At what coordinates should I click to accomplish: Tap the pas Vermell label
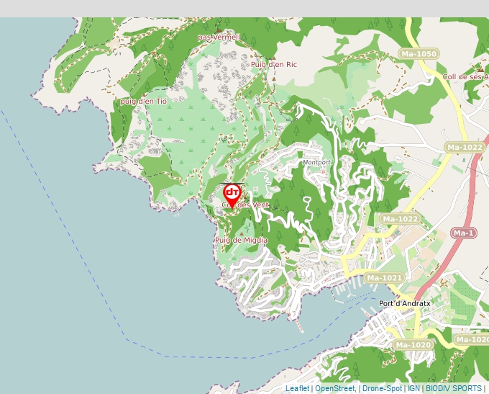pyautogui.click(x=219, y=37)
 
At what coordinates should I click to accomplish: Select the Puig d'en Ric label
pyautogui.click(x=274, y=65)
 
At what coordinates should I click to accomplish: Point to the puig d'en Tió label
pyautogui.click(x=144, y=102)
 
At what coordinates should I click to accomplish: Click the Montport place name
pyautogui.click(x=317, y=163)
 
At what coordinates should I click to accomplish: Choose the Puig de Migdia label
pyautogui.click(x=241, y=240)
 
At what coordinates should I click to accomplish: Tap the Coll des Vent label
pyautogui.click(x=246, y=205)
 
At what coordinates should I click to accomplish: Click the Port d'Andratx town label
pyautogui.click(x=404, y=303)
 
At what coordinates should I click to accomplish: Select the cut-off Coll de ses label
pyautogui.click(x=466, y=77)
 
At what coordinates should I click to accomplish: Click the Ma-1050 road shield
pyautogui.click(x=419, y=54)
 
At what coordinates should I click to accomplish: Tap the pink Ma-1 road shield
pyautogui.click(x=464, y=233)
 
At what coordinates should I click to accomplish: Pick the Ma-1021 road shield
pyautogui.click(x=384, y=278)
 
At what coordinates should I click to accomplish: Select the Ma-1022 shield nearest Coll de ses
pyautogui.click(x=464, y=148)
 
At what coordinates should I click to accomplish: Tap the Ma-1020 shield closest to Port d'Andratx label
pyautogui.click(x=413, y=345)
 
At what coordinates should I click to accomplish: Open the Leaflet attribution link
pyautogui.click(x=297, y=389)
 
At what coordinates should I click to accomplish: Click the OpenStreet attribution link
pyautogui.click(x=335, y=389)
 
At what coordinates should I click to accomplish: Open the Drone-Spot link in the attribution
pyautogui.click(x=382, y=389)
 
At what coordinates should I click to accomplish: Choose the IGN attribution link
pyautogui.click(x=413, y=389)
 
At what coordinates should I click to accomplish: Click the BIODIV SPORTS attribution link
pyautogui.click(x=453, y=389)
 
